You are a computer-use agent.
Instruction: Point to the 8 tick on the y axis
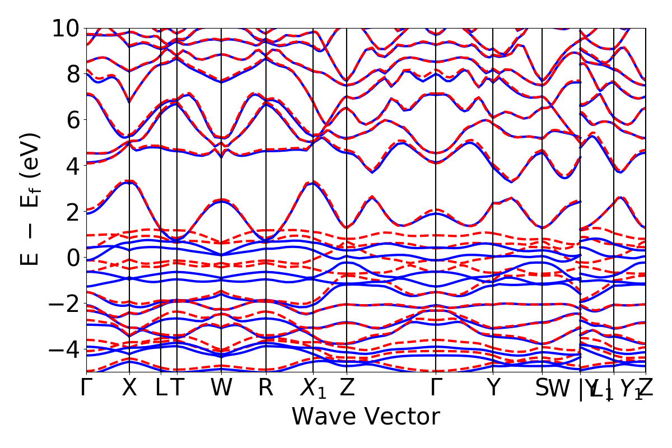(x=70, y=74)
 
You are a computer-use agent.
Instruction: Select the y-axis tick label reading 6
(x=70, y=120)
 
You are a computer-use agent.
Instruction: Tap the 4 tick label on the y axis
(x=70, y=166)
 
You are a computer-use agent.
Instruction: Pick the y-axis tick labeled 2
(x=70, y=212)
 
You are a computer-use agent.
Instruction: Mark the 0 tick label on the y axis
(x=70, y=258)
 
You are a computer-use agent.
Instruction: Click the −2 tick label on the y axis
(x=63, y=304)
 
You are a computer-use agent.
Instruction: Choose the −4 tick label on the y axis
(x=63, y=349)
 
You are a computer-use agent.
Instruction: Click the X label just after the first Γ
(x=129, y=388)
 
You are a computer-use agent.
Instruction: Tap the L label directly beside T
(x=161, y=388)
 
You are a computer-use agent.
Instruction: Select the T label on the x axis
(x=177, y=388)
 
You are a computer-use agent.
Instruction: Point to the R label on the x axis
(x=265, y=388)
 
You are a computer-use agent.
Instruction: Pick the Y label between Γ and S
(x=493, y=388)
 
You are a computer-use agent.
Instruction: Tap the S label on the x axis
(x=542, y=388)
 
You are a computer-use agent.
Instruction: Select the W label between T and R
(x=222, y=388)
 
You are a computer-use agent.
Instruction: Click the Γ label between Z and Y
(x=436, y=388)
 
